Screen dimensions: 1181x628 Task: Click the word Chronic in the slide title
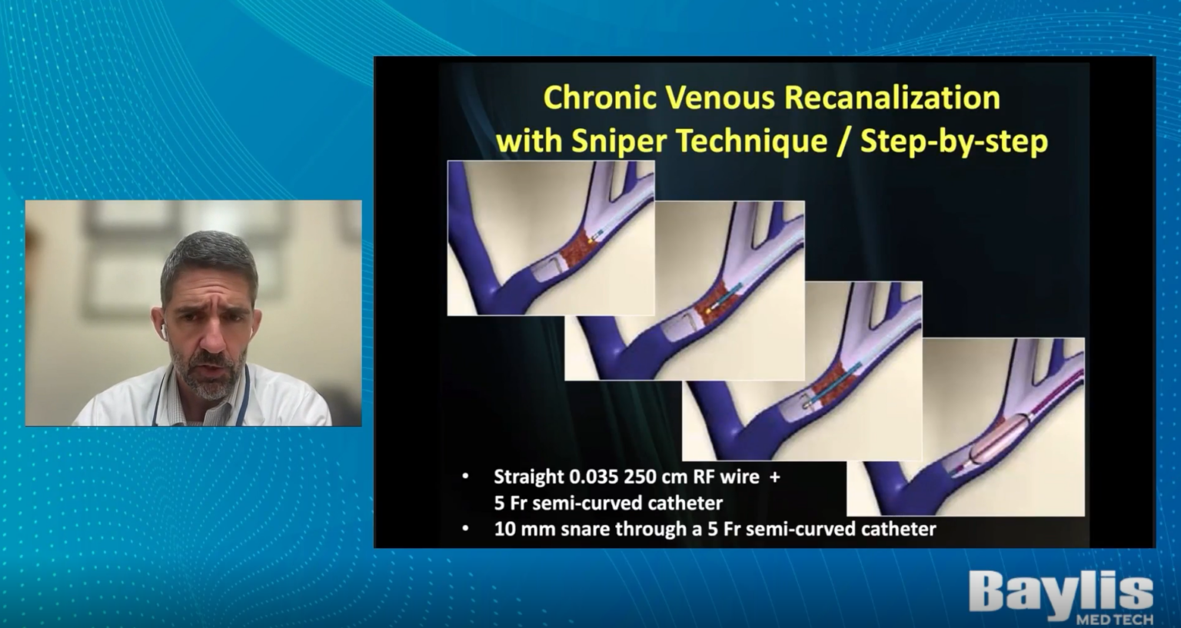[598, 98]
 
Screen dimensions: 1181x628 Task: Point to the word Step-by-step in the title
[953, 141]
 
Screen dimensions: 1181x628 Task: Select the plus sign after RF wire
[774, 477]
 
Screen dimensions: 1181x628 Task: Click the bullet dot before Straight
[465, 477]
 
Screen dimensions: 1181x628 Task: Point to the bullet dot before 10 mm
[465, 528]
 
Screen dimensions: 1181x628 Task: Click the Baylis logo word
[1060, 593]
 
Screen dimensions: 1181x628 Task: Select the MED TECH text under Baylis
[1114, 619]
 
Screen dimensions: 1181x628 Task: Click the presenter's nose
[212, 339]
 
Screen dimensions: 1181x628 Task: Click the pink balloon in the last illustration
[997, 439]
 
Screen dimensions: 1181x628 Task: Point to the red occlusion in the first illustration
[577, 248]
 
